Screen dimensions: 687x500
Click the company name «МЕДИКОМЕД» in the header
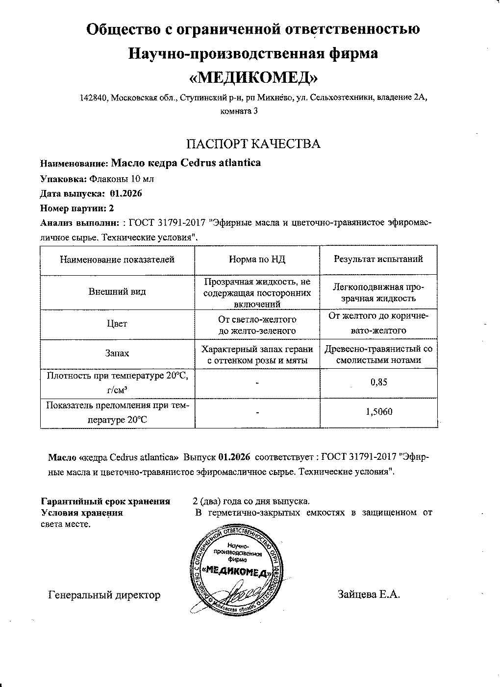click(x=253, y=78)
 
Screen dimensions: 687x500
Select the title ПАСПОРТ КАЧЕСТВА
click(x=253, y=144)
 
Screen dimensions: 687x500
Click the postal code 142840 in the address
click(x=94, y=98)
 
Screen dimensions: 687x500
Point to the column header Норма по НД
click(x=257, y=260)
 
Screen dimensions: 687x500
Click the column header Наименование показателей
click(x=117, y=260)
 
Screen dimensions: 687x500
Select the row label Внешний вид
click(x=117, y=292)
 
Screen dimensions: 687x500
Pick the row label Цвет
click(x=117, y=324)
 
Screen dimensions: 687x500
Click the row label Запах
click(x=117, y=353)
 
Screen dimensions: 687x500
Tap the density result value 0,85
click(x=379, y=382)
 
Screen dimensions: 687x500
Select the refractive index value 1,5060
click(x=379, y=412)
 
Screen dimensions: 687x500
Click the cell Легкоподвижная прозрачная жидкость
click(x=378, y=292)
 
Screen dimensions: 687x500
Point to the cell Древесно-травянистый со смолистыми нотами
click(x=378, y=355)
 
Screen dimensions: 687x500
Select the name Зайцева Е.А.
click(x=369, y=595)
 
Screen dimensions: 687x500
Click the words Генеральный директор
click(x=104, y=595)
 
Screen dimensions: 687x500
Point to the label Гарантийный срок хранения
click(x=105, y=501)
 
